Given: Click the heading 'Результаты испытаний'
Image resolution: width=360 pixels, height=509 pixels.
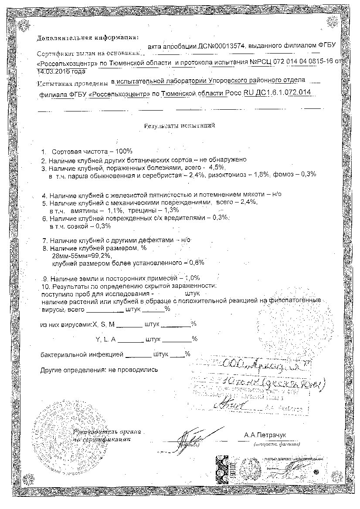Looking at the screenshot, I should pos(180,126).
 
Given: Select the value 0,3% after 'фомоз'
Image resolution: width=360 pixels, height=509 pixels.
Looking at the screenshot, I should pos(308,175).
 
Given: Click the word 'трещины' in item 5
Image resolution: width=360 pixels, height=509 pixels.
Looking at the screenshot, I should pos(141,210).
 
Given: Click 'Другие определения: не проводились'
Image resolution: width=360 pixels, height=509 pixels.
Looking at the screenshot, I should pos(99,370).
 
